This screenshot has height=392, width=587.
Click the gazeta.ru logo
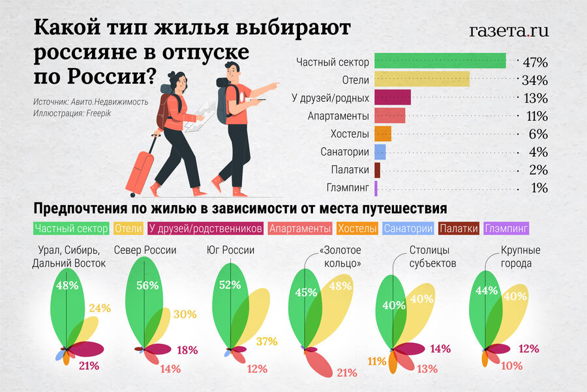tap(509, 30)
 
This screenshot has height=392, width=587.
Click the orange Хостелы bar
tap(383, 134)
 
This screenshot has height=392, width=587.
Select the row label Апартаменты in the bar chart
tap(339, 116)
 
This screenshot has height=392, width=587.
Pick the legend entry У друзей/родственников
tap(205, 229)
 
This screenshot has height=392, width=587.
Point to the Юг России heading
tap(230, 250)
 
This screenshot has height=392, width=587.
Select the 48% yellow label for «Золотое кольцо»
tap(340, 286)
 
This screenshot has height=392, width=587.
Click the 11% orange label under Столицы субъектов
tap(376, 361)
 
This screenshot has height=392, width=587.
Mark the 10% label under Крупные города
tap(512, 366)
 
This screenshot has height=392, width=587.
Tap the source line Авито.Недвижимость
tap(91, 102)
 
